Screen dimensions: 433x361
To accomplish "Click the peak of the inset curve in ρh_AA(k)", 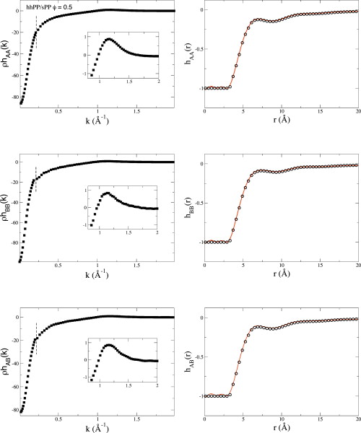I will click(108, 39).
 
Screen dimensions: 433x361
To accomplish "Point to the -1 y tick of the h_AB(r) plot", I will click(199, 396).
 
